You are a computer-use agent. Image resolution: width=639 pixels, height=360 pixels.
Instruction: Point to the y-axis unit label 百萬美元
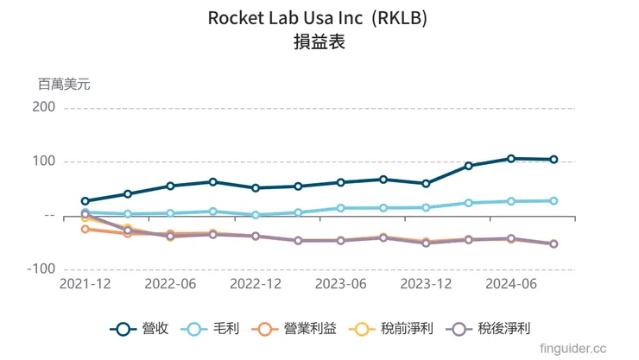click(x=63, y=85)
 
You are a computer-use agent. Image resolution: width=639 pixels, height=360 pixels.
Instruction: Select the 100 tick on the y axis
click(x=45, y=161)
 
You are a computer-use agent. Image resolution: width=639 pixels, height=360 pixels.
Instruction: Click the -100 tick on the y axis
click(x=41, y=269)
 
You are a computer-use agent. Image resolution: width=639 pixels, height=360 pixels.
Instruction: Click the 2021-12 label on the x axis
click(x=85, y=284)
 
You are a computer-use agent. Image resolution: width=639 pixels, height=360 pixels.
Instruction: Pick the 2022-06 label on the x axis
click(x=170, y=284)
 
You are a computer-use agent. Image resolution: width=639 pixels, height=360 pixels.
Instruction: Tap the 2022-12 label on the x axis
click(x=256, y=284)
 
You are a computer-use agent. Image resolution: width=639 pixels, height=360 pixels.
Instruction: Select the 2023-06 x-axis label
click(x=341, y=284)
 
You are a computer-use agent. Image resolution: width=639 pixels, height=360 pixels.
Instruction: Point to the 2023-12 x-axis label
click(x=427, y=284)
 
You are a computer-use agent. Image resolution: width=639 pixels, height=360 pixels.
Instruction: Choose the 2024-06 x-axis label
click(x=511, y=284)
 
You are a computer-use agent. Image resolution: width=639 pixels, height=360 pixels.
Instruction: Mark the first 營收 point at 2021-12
click(x=85, y=201)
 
